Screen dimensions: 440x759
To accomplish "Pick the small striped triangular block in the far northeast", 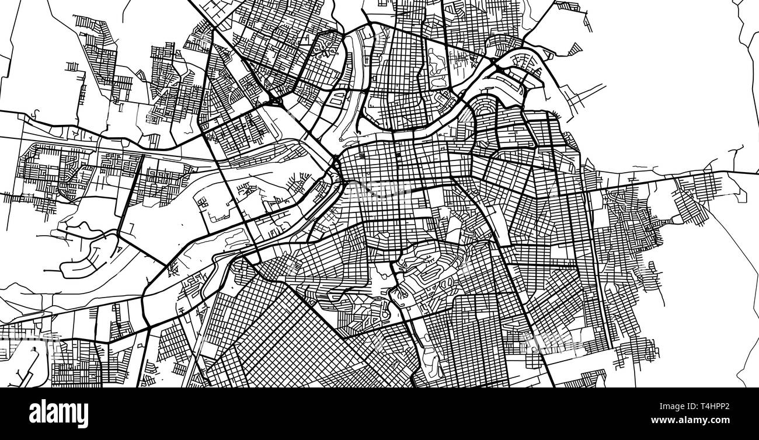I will [x=575, y=49].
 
